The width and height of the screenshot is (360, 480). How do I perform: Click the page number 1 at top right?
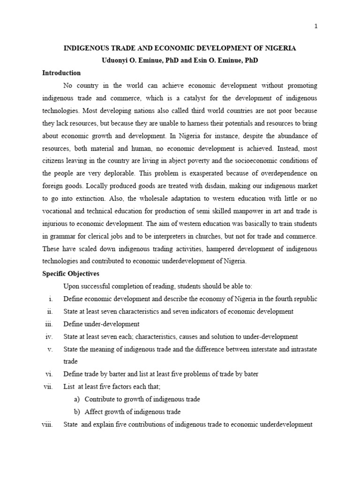pyautogui.click(x=316, y=26)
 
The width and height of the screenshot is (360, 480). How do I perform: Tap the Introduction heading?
pyautogui.click(x=61, y=73)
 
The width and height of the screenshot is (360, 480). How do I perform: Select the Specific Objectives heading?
pyautogui.click(x=71, y=274)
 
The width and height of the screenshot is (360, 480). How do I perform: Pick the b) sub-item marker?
pyautogui.click(x=77, y=412)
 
